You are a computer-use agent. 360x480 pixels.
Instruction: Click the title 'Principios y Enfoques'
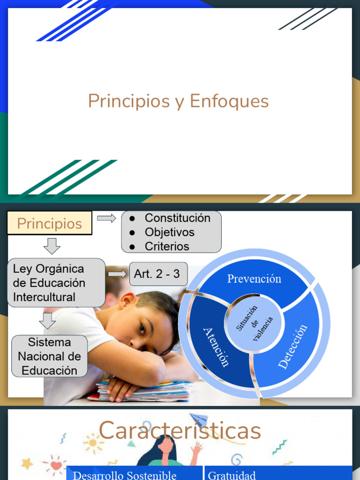coord(178,101)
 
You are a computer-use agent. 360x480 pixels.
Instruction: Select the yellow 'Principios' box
coord(49,224)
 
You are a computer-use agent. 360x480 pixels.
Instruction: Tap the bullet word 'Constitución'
coord(177,218)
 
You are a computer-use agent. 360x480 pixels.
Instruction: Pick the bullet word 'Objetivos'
coord(169,232)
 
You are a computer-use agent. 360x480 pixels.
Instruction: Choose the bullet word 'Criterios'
coord(167,246)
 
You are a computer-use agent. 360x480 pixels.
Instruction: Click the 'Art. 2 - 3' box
coord(157,274)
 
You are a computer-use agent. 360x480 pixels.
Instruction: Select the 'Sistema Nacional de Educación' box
coord(49,356)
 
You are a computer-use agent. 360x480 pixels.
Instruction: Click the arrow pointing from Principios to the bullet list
coord(106,218)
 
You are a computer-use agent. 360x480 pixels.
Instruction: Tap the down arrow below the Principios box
coord(52,246)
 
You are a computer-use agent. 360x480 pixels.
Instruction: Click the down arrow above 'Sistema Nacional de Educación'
coord(47,321)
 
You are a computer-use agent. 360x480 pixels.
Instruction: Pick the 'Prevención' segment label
coord(254,279)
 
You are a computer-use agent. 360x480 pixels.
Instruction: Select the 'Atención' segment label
coord(216,347)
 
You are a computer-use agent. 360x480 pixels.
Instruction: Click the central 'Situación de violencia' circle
coord(255,323)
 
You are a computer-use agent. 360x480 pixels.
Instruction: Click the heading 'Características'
coord(180,430)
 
